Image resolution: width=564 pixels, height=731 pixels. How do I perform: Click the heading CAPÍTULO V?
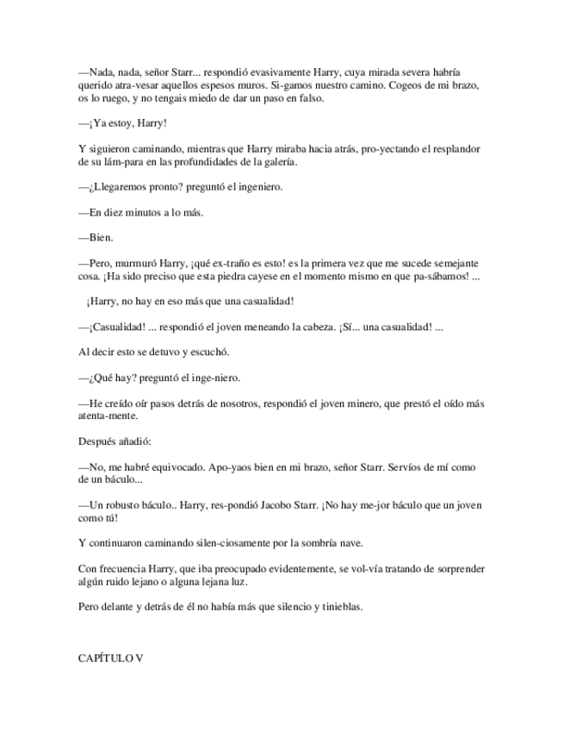coord(110,658)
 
